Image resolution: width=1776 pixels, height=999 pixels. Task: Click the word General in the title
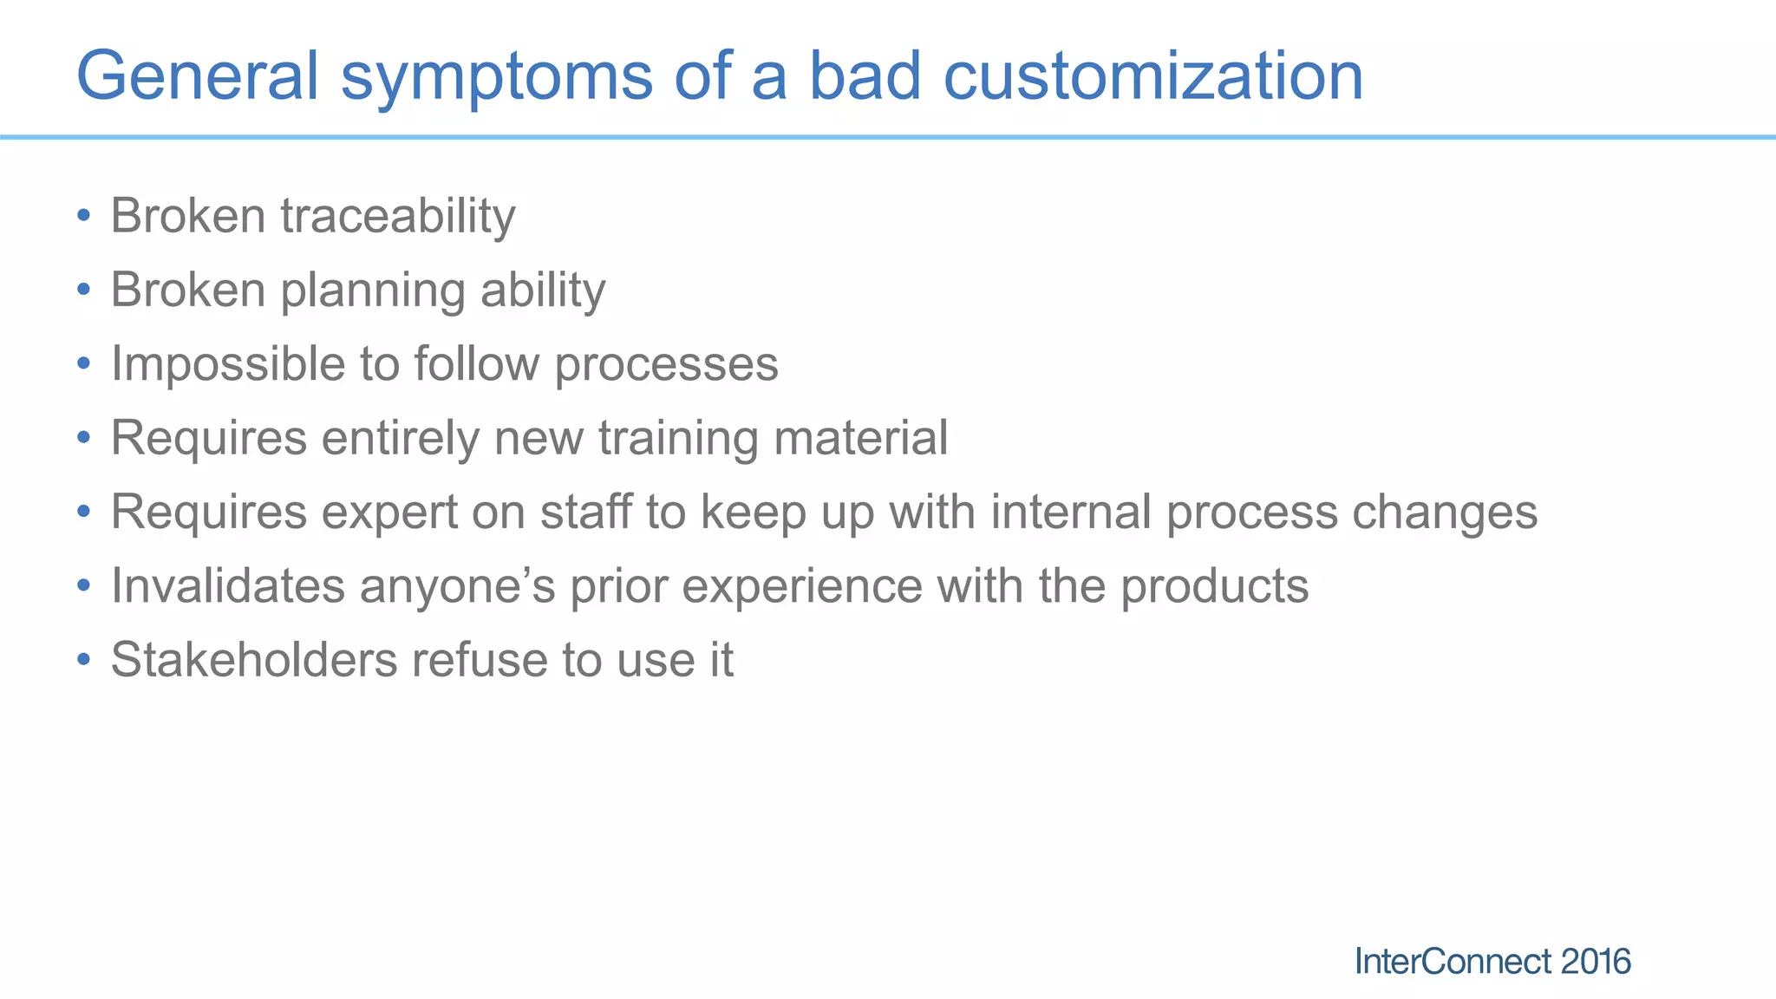198,76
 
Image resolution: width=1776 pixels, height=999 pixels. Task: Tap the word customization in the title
1152,76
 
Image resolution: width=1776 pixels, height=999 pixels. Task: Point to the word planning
373,291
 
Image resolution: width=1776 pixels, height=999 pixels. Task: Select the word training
678,439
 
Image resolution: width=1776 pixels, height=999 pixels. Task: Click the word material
860,438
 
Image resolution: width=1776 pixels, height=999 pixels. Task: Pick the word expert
389,513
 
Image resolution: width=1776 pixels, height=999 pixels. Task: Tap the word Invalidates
228,586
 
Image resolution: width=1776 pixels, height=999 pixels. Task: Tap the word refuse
479,660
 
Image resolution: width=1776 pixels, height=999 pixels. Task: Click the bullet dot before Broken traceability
83,216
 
